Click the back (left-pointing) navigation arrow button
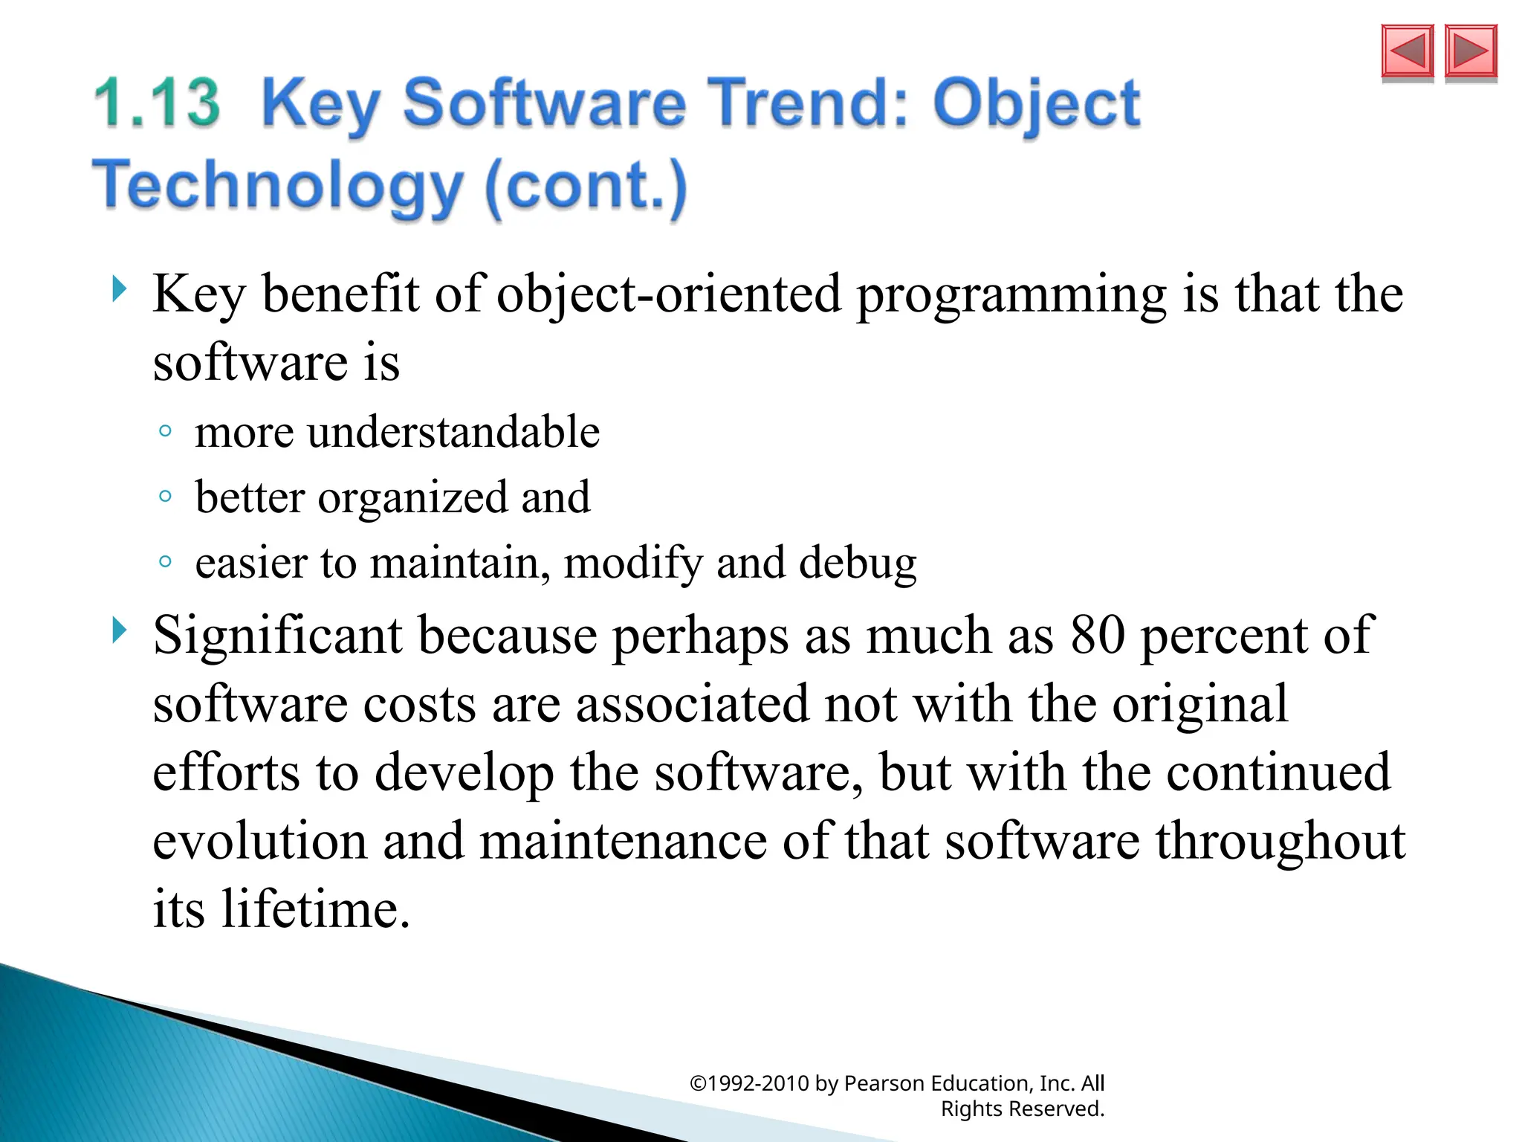tap(1407, 51)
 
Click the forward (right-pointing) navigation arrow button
tap(1470, 51)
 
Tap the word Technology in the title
tap(277, 185)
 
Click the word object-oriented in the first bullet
tap(668, 294)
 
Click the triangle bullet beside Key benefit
tap(119, 289)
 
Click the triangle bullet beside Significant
tap(119, 630)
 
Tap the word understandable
tap(453, 432)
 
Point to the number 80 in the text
tap(1097, 636)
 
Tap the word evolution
tap(260, 841)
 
